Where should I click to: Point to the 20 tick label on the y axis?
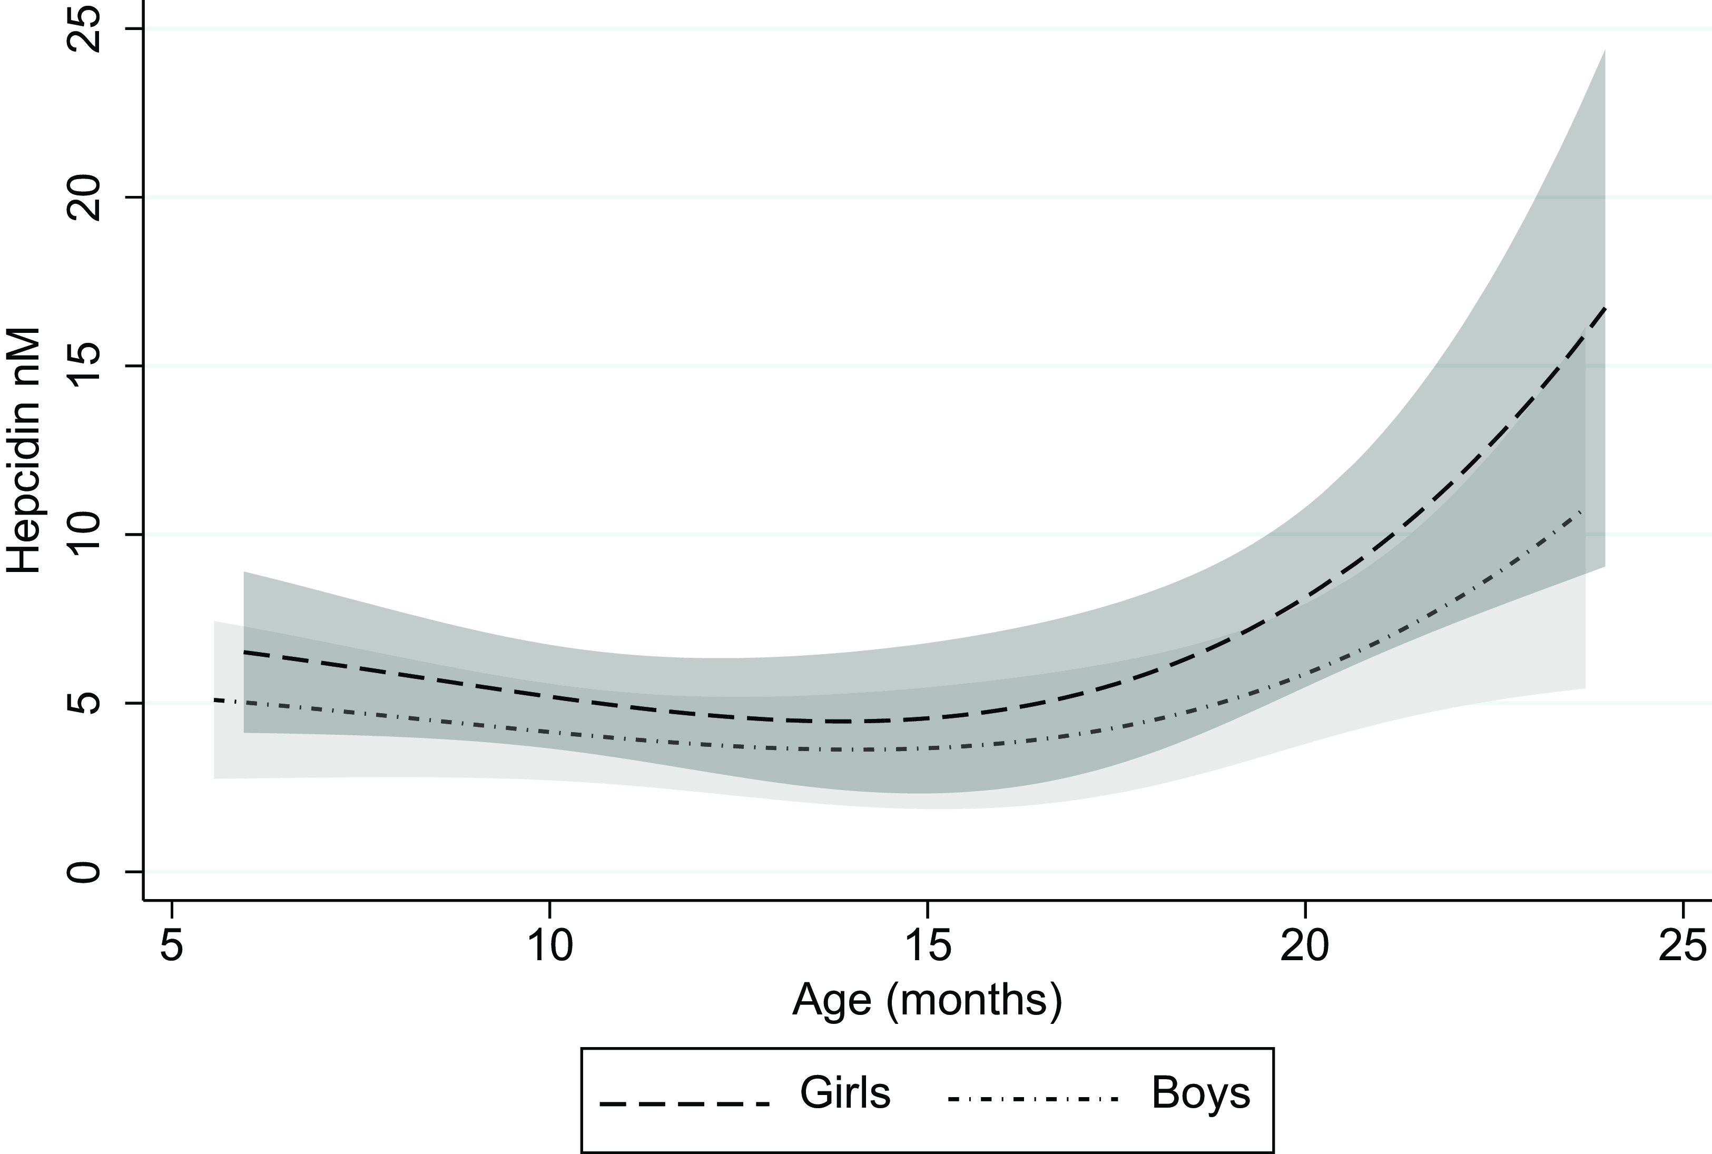click(82, 197)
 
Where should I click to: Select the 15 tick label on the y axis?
click(82, 366)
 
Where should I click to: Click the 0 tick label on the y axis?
click(82, 872)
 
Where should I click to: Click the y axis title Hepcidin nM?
click(24, 450)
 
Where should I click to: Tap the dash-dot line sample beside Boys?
click(1032, 1100)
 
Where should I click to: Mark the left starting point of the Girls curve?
click(244, 652)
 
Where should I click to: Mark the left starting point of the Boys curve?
click(215, 700)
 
